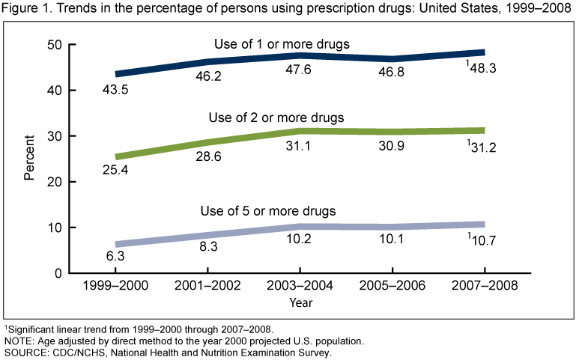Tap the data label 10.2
pos(300,243)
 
